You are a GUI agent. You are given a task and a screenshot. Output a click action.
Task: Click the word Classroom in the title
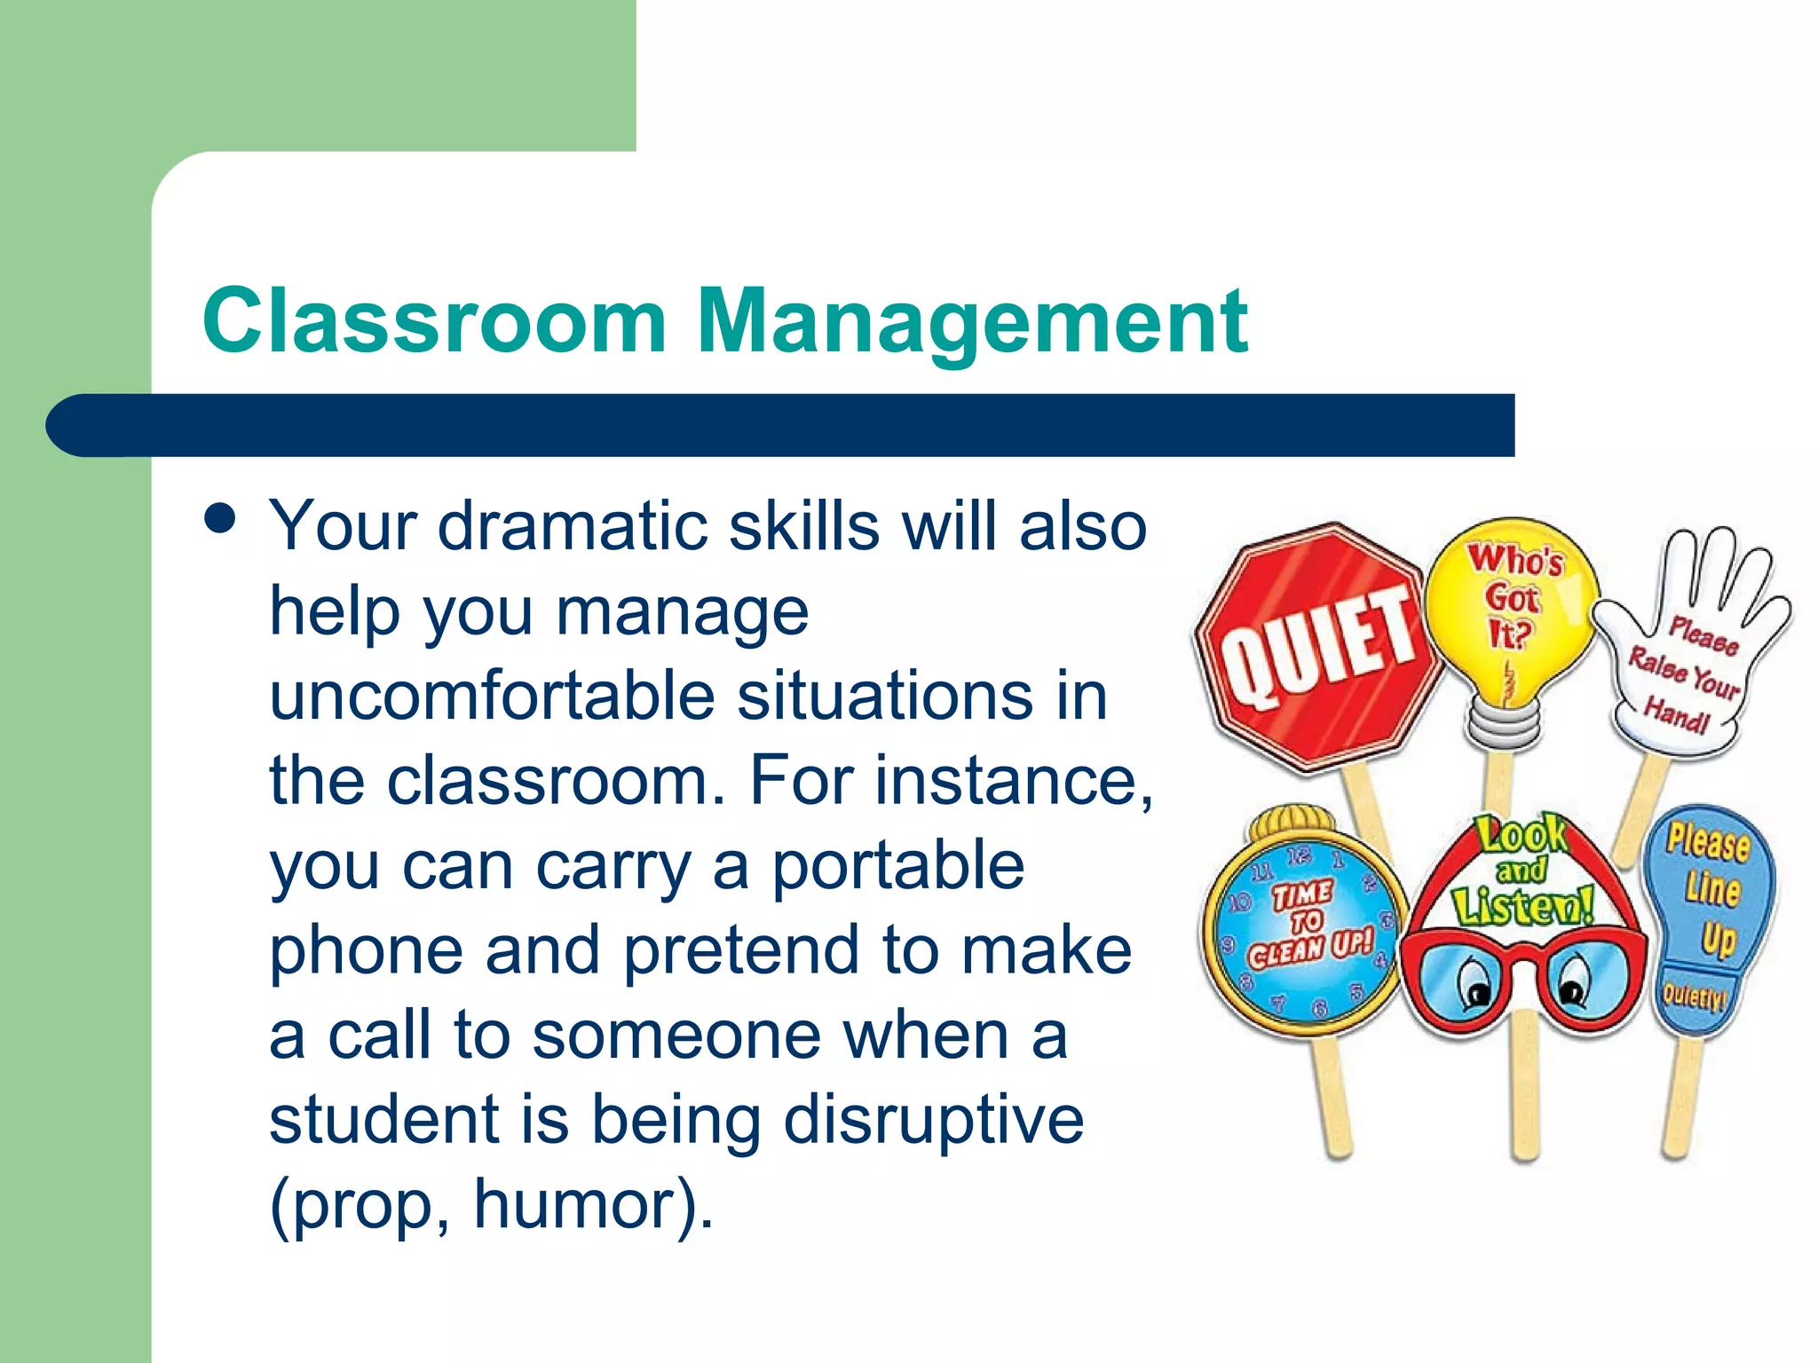tap(434, 321)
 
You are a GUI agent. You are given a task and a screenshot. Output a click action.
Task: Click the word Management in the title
tap(972, 321)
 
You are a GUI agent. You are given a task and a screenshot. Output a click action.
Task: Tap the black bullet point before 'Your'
tap(219, 518)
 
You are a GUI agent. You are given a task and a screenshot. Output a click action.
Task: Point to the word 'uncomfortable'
tap(492, 696)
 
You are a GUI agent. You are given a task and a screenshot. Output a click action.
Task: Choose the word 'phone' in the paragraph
tap(366, 950)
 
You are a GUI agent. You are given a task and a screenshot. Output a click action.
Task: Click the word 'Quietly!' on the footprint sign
tap(1694, 996)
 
